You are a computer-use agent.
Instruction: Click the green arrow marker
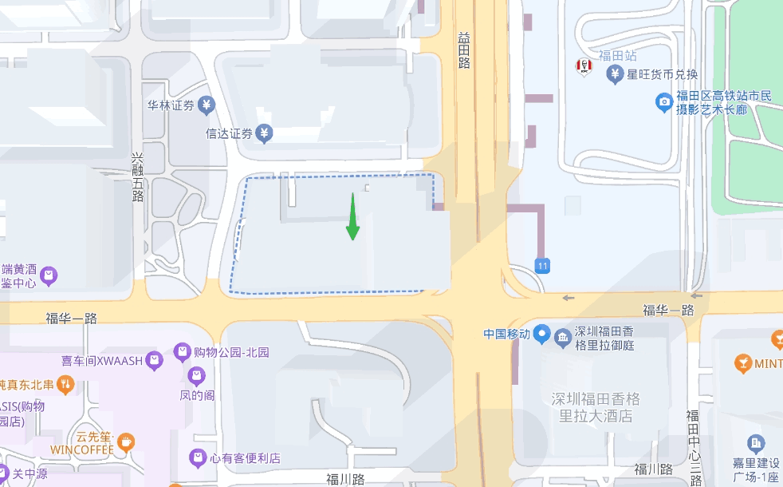tap(352, 217)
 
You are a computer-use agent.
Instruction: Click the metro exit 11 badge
tap(543, 265)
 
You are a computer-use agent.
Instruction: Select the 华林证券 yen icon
tap(207, 105)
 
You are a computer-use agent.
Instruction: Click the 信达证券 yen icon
tap(264, 133)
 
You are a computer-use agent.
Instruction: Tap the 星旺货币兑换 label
tap(662, 75)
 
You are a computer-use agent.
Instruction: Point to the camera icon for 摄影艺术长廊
tap(663, 102)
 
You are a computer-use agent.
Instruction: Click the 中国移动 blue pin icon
tap(542, 334)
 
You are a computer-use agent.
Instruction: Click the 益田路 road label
tap(464, 50)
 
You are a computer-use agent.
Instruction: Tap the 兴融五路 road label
tap(138, 177)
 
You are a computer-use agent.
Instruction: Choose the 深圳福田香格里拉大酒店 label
tap(595, 407)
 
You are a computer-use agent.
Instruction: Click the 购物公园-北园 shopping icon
tap(181, 352)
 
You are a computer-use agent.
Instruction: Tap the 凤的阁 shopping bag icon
tap(196, 375)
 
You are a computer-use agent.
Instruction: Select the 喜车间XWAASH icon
tap(154, 361)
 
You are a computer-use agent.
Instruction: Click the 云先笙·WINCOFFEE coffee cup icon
tap(125, 441)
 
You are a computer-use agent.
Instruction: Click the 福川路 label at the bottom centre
tap(345, 479)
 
